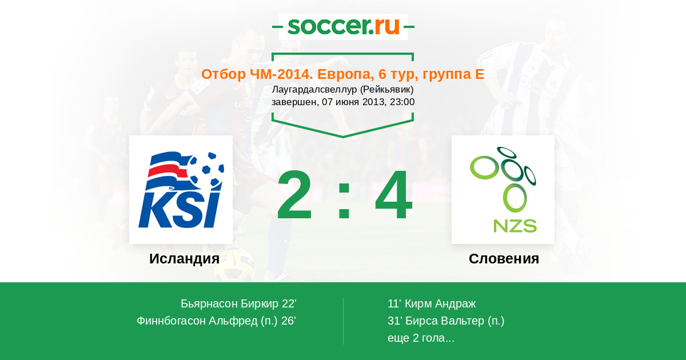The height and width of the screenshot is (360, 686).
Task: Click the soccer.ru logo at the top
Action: [344, 26]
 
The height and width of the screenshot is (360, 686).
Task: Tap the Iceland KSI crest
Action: [181, 190]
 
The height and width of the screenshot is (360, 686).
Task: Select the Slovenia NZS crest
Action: [503, 190]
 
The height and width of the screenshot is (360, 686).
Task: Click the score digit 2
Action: [294, 195]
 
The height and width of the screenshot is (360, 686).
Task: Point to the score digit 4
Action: [393, 195]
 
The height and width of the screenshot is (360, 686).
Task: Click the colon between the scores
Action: [344, 200]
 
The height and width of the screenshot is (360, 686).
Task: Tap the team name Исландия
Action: [184, 259]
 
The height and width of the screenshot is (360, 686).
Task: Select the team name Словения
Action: [504, 259]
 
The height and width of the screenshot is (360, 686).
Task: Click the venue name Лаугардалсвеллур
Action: [314, 89]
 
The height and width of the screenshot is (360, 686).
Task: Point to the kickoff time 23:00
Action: [402, 102]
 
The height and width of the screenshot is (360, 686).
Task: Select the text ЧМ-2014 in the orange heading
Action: [281, 74]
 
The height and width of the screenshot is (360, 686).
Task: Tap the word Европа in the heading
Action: [345, 74]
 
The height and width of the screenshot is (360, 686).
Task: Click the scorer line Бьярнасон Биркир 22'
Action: [238, 303]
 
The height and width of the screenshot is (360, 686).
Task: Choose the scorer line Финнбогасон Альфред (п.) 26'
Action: [216, 321]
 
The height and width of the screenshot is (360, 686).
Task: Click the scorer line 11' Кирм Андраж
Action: [432, 303]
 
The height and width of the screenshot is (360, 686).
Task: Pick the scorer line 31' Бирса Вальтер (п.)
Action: [446, 321]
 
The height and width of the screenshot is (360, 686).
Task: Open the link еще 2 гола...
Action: [421, 338]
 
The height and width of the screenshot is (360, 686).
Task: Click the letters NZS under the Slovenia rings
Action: [515, 226]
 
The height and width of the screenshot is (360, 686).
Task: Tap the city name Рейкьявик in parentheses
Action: [386, 89]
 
